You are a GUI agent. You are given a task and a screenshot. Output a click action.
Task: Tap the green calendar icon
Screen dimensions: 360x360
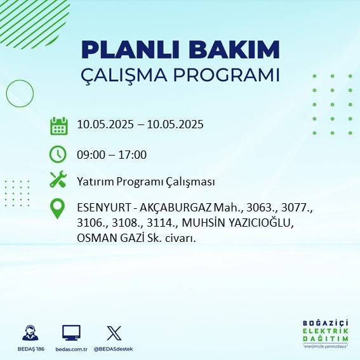click(x=58, y=126)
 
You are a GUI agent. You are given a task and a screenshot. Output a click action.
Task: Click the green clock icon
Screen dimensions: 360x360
click(x=58, y=154)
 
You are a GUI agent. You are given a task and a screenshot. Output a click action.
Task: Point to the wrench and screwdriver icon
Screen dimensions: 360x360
click(x=58, y=180)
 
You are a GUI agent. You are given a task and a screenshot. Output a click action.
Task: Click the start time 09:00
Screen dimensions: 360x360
click(x=90, y=154)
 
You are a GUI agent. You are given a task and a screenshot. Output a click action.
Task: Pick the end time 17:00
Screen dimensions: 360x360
click(x=133, y=154)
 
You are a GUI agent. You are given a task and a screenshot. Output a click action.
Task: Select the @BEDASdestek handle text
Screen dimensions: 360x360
click(x=114, y=349)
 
